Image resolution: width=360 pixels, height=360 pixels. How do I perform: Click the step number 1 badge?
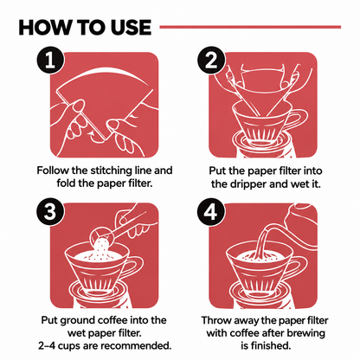(x=50, y=61)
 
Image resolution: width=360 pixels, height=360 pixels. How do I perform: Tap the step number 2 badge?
(x=211, y=61)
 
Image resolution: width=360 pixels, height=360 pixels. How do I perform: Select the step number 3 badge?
(x=50, y=212)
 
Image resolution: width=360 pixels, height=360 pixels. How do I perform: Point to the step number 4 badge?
(x=211, y=212)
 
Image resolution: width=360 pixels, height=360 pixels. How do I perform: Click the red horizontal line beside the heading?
(x=250, y=27)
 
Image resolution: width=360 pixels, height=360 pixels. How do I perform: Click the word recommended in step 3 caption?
(x=138, y=345)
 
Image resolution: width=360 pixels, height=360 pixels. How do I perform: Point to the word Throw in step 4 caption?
(x=215, y=320)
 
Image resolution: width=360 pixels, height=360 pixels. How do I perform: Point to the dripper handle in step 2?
(x=298, y=119)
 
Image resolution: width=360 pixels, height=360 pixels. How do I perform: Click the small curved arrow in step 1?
(x=95, y=136)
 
